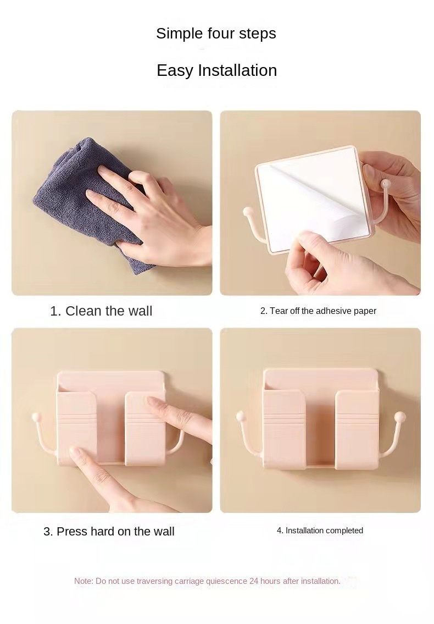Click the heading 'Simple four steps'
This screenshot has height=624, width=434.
point(216,34)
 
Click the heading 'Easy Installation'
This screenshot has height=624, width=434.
point(216,70)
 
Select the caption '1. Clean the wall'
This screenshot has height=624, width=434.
point(101,311)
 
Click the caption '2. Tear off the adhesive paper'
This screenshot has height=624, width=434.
point(318,311)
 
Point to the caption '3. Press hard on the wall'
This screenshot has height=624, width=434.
point(109,531)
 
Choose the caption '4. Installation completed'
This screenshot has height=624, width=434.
point(320,531)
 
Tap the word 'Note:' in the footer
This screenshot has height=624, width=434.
point(84,581)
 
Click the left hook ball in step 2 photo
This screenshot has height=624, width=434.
point(248,211)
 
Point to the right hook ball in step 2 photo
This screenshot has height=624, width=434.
point(386,181)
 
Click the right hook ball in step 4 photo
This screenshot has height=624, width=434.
point(402,417)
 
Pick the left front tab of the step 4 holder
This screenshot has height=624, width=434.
point(284,429)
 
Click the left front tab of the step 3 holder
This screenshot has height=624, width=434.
point(77,429)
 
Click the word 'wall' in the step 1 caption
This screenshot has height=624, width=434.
point(140,311)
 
